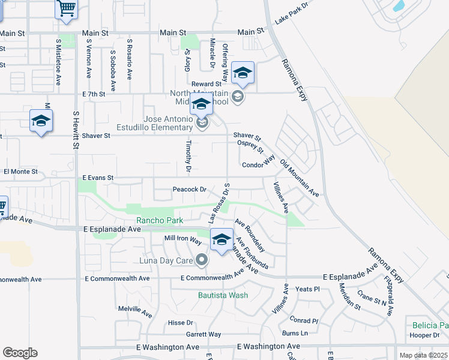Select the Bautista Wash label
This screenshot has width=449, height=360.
click(x=223, y=295)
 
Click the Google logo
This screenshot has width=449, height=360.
click(x=20, y=353)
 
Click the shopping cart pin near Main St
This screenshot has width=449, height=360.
click(x=67, y=10)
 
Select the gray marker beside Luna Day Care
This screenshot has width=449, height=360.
click(x=202, y=260)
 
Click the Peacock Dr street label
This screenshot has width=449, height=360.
click(x=189, y=190)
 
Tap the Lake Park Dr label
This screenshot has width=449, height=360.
click(x=291, y=13)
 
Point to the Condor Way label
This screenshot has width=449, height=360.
click(x=258, y=165)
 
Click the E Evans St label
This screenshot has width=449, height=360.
click(x=98, y=178)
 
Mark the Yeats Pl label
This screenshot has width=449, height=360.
click(x=307, y=289)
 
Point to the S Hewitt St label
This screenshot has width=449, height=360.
click(x=76, y=129)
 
